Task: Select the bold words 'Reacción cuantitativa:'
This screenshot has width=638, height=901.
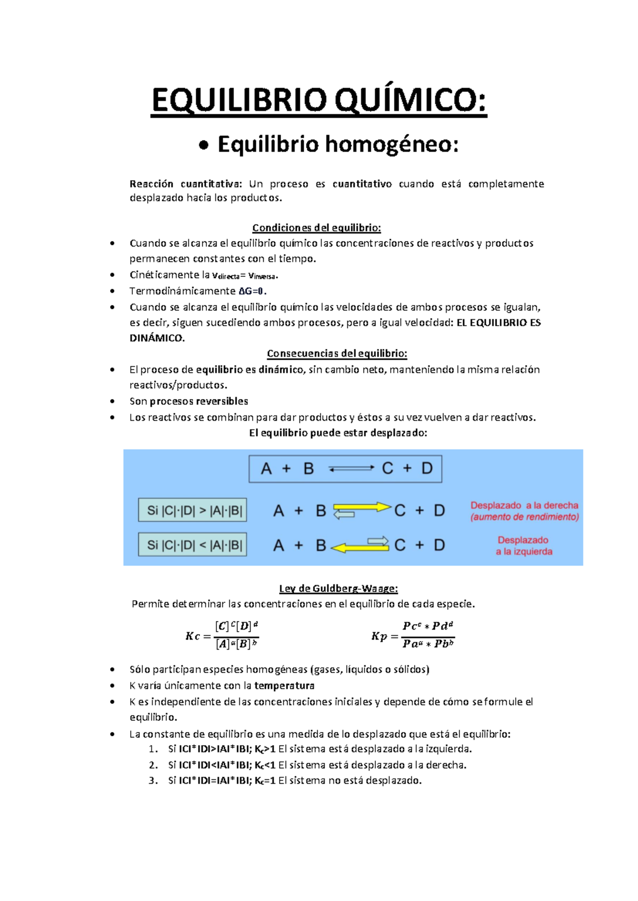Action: pyautogui.click(x=186, y=184)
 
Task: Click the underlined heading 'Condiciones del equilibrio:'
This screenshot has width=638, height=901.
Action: pyautogui.click(x=316, y=228)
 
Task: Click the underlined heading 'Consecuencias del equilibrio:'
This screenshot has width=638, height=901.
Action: pyautogui.click(x=337, y=354)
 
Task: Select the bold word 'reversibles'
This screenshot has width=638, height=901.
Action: pyautogui.click(x=221, y=401)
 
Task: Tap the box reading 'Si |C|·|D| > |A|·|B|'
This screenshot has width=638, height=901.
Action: pyautogui.click(x=192, y=511)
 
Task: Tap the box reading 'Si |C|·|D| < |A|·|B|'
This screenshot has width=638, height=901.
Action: pyautogui.click(x=192, y=545)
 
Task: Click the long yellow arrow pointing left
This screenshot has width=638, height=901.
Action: pyautogui.click(x=359, y=547)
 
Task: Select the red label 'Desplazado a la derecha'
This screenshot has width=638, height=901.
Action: pyautogui.click(x=524, y=505)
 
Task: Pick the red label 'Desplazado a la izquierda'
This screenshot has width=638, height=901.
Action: pyautogui.click(x=524, y=546)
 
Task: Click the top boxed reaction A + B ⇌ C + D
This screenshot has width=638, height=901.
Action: pyautogui.click(x=345, y=469)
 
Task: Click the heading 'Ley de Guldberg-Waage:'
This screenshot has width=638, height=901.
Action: pyautogui.click(x=338, y=589)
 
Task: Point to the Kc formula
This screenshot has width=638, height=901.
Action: pyautogui.click(x=222, y=635)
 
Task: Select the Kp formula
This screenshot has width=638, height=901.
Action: pyautogui.click(x=413, y=635)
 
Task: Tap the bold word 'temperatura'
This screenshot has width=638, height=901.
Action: pyautogui.click(x=284, y=686)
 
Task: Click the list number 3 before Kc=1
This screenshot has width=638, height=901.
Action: pyautogui.click(x=153, y=781)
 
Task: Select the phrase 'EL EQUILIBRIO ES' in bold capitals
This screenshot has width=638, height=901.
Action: pyautogui.click(x=498, y=322)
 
